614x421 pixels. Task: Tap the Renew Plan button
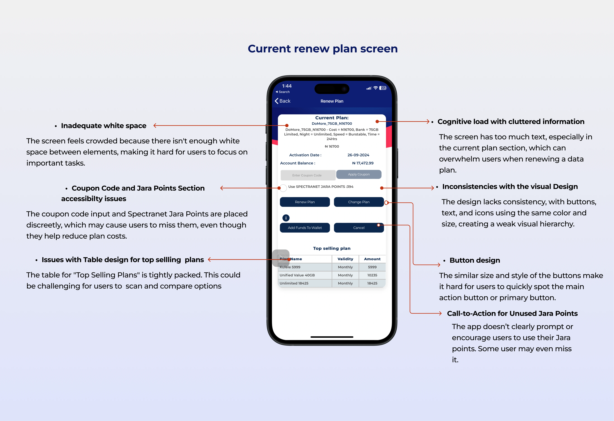click(x=305, y=202)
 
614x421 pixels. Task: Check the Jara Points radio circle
click(x=283, y=188)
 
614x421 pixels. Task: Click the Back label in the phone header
click(x=285, y=101)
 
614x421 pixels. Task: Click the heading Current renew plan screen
click(x=323, y=49)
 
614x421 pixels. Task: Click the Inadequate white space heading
click(x=104, y=126)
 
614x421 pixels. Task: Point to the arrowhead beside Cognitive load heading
click(x=428, y=122)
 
